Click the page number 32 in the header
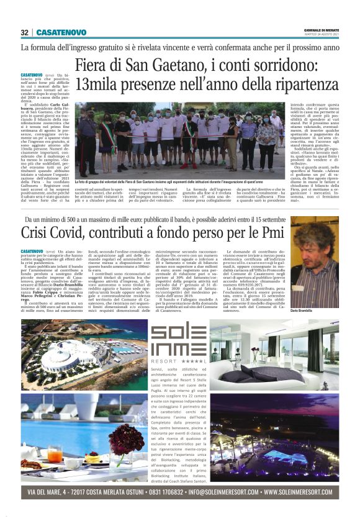click(24, 32)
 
